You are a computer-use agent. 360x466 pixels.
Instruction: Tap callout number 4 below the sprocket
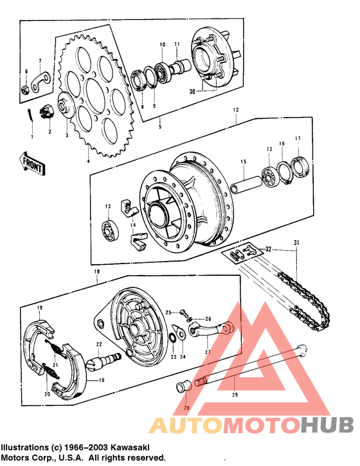click(x=88, y=161)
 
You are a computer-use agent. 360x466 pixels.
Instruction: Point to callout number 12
click(x=236, y=111)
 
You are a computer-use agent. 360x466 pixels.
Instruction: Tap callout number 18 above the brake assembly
click(x=96, y=273)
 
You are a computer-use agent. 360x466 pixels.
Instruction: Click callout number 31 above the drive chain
click(x=297, y=242)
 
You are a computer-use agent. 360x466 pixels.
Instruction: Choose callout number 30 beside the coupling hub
click(x=192, y=92)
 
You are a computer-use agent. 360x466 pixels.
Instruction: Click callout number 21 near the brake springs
click(x=55, y=366)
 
